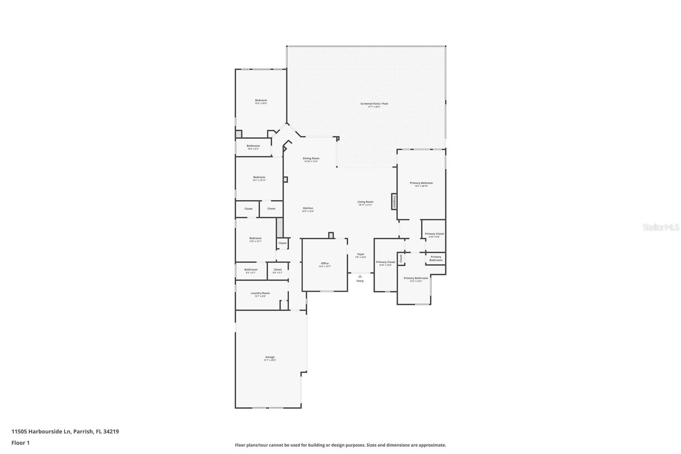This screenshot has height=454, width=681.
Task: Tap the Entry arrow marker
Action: click(x=360, y=276)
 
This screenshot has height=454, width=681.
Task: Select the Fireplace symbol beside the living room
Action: click(x=395, y=201)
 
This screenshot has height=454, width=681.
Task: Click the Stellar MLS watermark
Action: click(x=661, y=227)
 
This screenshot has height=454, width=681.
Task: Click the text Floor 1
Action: click(x=20, y=443)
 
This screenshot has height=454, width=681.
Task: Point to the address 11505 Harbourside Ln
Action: click(x=41, y=431)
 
